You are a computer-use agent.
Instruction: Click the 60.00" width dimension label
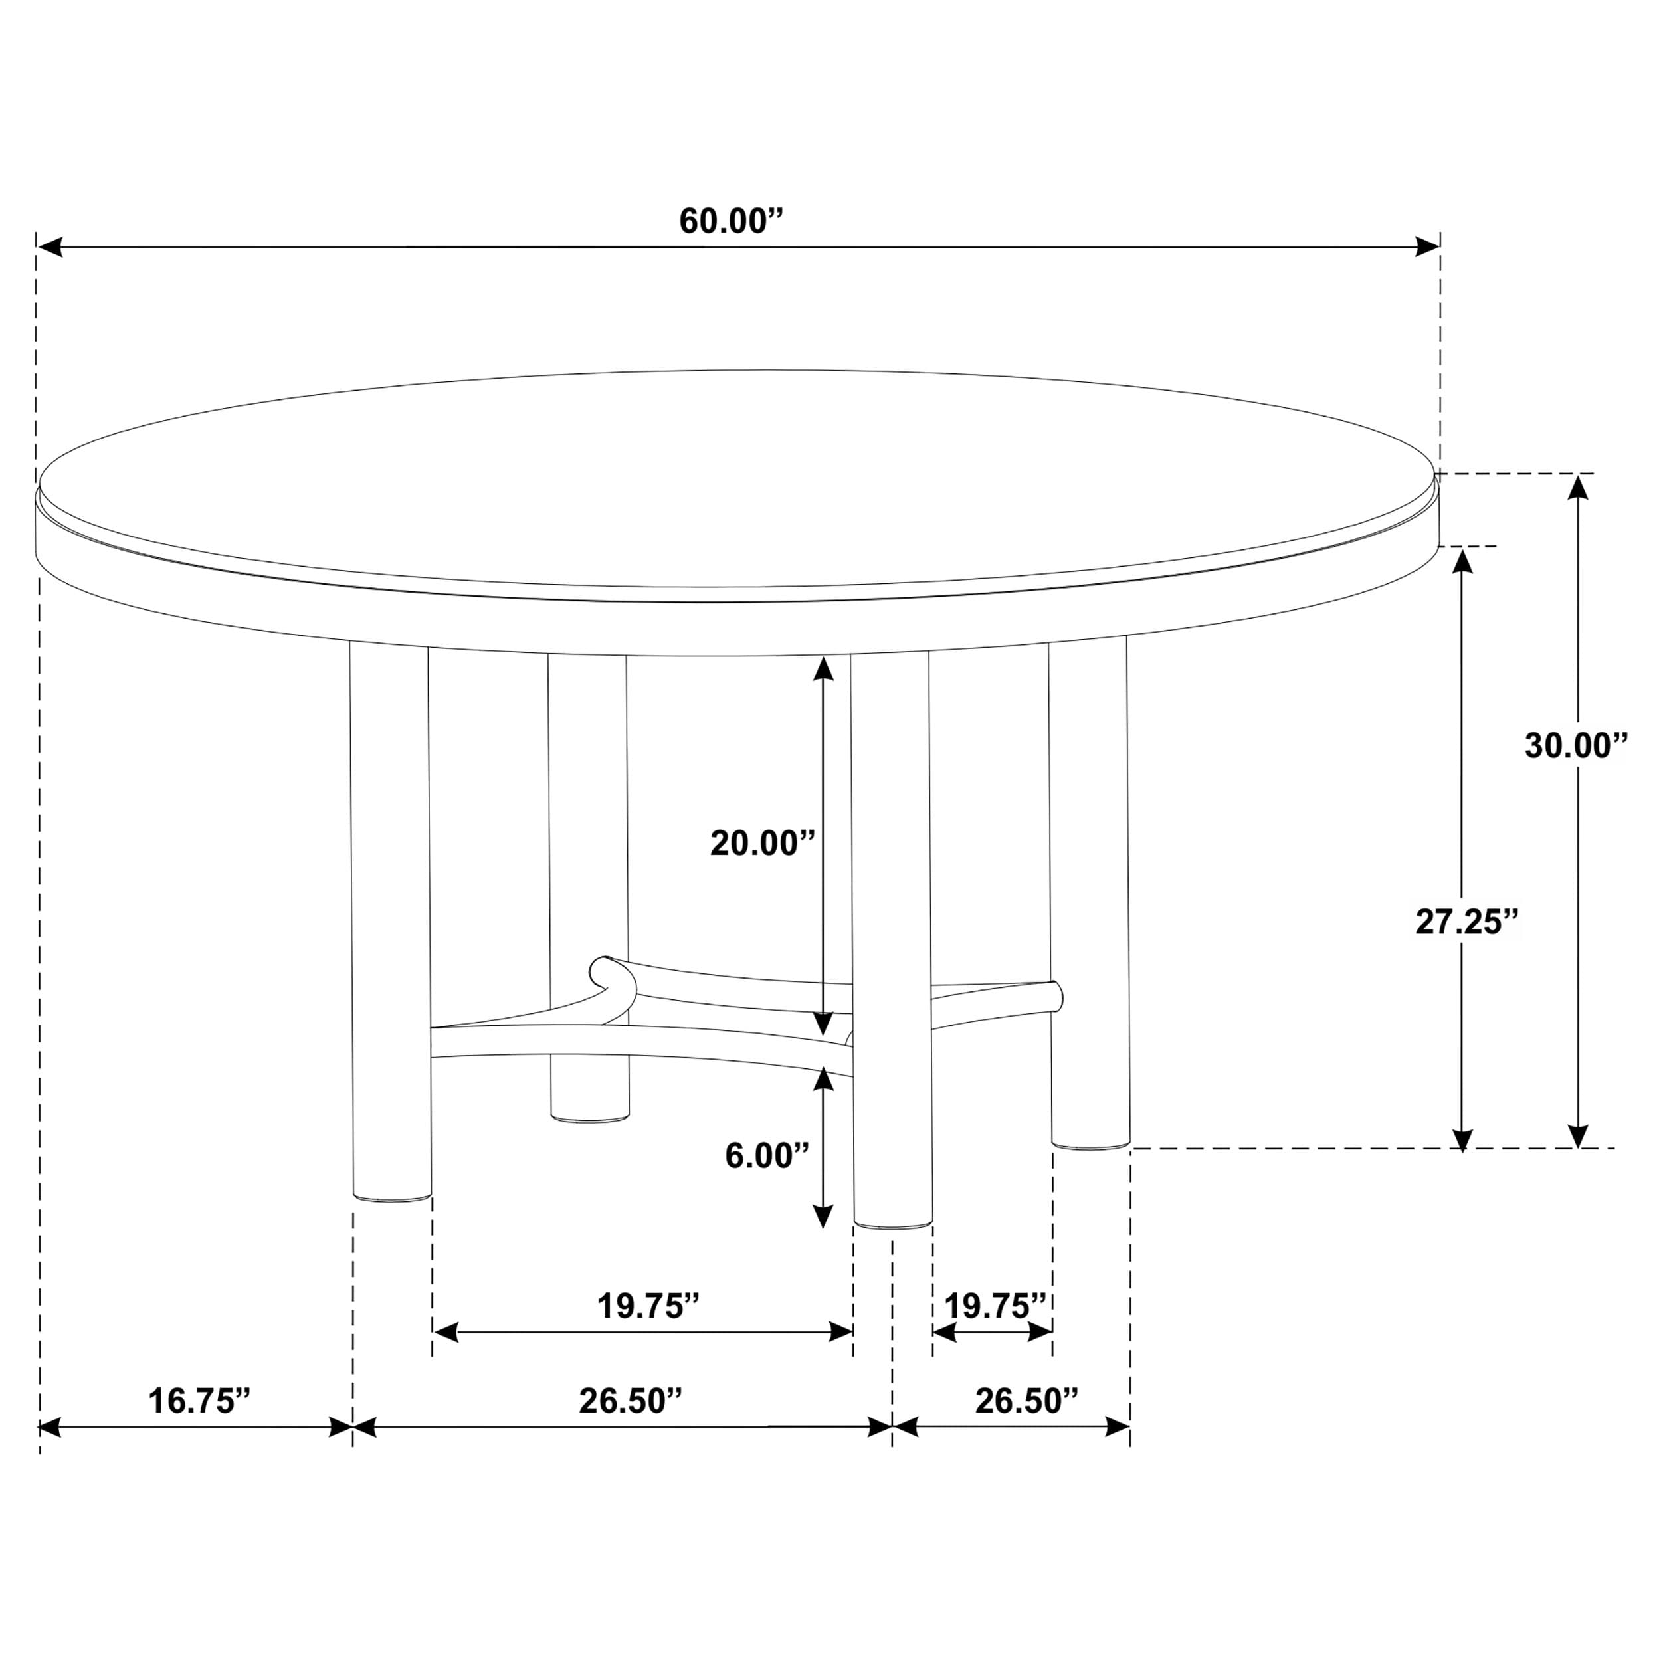(x=732, y=221)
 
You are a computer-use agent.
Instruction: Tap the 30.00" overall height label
(x=1576, y=746)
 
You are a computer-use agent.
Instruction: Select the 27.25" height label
(x=1468, y=922)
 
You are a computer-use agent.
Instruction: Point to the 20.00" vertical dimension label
(x=761, y=843)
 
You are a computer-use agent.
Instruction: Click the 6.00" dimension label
(x=767, y=1155)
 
